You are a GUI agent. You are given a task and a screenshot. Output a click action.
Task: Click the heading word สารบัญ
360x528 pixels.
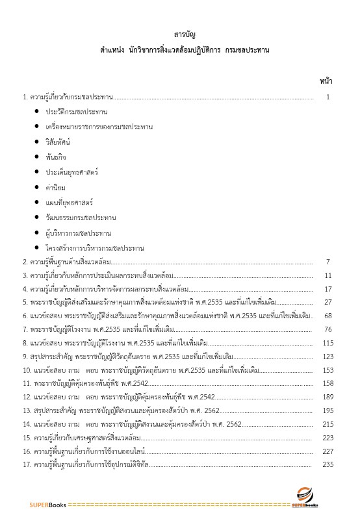pyautogui.click(x=181, y=34)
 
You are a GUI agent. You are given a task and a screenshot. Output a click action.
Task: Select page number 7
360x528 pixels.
pyautogui.click(x=328, y=262)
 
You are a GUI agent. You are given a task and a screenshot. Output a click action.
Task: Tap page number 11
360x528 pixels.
pyautogui.click(x=328, y=275)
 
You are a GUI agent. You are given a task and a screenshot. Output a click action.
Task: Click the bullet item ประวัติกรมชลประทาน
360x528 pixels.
pyautogui.click(x=77, y=112)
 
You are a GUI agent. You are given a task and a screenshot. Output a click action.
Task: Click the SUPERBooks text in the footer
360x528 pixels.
pyautogui.click(x=47, y=505)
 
